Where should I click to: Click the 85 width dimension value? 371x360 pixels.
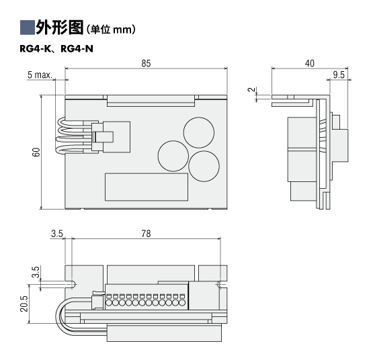[x=146, y=63]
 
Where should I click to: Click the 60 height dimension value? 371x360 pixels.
[x=36, y=152]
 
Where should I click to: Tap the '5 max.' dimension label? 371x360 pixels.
[x=40, y=75]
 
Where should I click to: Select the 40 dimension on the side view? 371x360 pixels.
[x=310, y=63]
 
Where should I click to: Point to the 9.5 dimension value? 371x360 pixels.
[x=339, y=75]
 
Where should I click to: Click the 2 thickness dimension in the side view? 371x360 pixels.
[x=253, y=89]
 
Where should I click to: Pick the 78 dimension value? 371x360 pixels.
[x=146, y=234]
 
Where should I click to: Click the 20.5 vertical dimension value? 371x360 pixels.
[x=24, y=304]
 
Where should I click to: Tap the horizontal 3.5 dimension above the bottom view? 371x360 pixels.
[x=57, y=234]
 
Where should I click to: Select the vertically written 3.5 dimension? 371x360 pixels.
[x=36, y=272]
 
